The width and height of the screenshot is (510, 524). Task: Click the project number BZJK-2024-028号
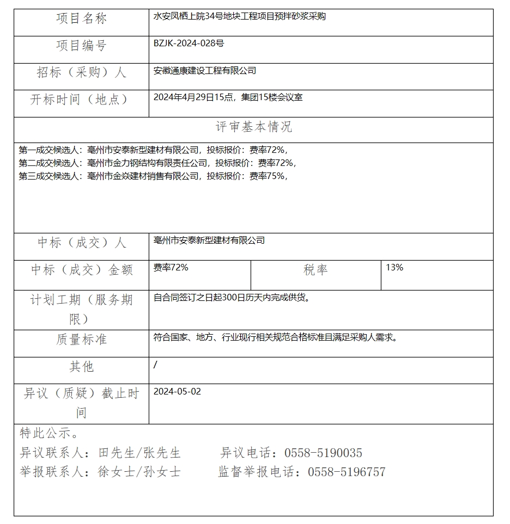(x=189, y=43)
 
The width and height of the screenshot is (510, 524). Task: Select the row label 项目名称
(x=81, y=19)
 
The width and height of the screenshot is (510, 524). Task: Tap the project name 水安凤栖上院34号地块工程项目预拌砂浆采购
(x=239, y=16)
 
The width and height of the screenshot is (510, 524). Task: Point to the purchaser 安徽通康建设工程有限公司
(x=205, y=70)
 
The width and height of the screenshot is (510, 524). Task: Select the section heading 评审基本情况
(x=254, y=127)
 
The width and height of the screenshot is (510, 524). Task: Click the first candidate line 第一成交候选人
(x=153, y=150)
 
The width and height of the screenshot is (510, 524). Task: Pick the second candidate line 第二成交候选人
(x=157, y=163)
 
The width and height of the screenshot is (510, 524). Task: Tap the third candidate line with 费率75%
(x=153, y=176)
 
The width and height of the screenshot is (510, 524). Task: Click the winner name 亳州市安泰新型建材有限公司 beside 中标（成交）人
(x=209, y=240)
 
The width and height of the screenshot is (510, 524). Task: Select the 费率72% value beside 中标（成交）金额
(x=171, y=267)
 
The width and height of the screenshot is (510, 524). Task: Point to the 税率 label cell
(x=315, y=270)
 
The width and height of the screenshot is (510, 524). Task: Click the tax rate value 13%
(x=394, y=267)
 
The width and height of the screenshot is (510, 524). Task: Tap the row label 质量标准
(x=81, y=340)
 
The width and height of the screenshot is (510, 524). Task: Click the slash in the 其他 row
(x=155, y=365)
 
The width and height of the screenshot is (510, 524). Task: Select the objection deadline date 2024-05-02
(x=177, y=391)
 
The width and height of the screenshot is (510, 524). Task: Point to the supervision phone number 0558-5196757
(x=347, y=472)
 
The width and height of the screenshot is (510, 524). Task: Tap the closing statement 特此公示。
(x=49, y=434)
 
